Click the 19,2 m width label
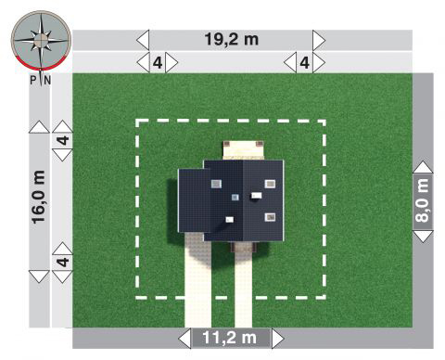(232, 39)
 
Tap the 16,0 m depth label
(39, 197)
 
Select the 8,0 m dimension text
(423, 200)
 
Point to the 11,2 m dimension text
(229, 338)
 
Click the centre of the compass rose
(41, 39)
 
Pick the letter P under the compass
(33, 81)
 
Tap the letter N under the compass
(47, 81)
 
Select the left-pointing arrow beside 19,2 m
(143, 40)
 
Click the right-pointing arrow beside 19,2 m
(319, 40)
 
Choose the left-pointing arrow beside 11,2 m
(184, 339)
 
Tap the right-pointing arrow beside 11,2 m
(278, 339)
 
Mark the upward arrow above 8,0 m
(423, 167)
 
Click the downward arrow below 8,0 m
(423, 237)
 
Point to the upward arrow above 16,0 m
(39, 127)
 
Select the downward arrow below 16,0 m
(39, 276)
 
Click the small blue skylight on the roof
(235, 197)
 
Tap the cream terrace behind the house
(244, 150)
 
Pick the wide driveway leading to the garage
(197, 280)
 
